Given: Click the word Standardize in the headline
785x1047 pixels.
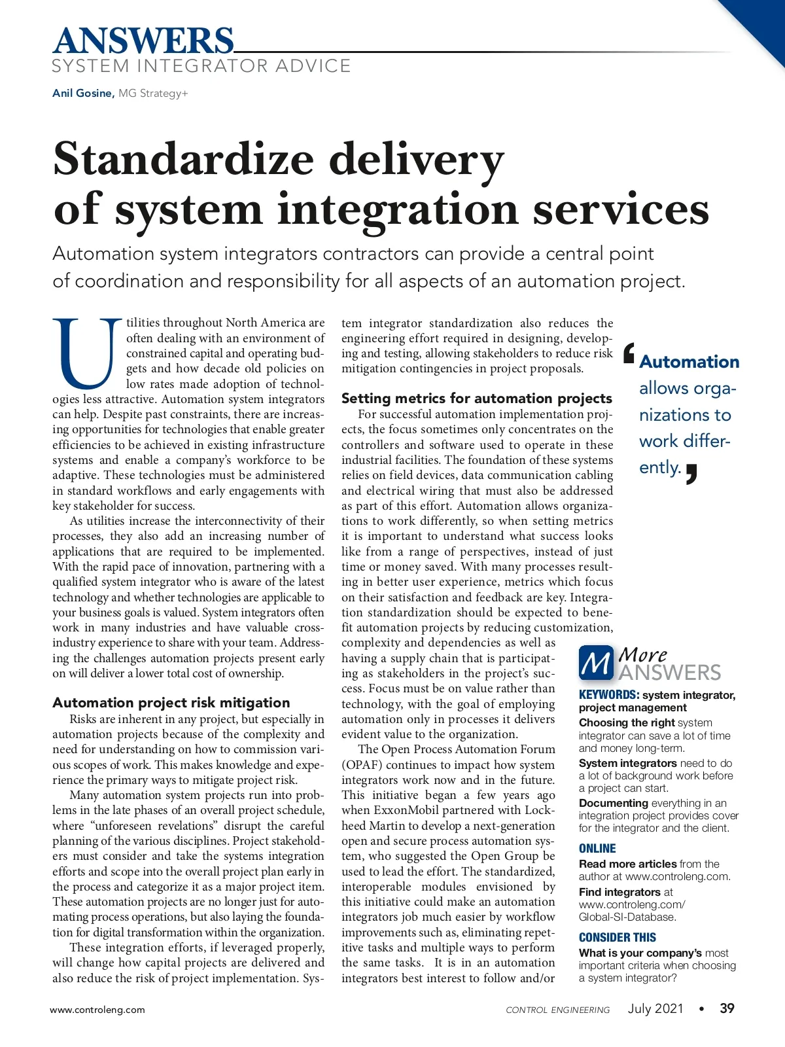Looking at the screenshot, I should [x=183, y=159].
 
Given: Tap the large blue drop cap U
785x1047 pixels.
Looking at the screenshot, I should [x=87, y=353].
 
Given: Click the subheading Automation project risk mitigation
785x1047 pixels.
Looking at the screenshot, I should [x=171, y=703].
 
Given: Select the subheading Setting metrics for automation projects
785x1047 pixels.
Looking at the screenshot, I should [x=476, y=399].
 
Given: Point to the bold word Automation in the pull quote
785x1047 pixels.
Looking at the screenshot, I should [x=689, y=362].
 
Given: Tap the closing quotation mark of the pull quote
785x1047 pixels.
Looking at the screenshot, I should [x=691, y=473].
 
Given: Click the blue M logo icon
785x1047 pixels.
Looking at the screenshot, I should [x=596, y=663].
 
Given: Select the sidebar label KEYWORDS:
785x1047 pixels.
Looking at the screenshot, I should [x=608, y=695].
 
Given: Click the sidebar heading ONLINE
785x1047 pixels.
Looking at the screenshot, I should [x=597, y=849].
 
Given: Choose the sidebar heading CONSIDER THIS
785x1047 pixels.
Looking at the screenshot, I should [x=617, y=938].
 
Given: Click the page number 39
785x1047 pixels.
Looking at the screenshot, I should [x=727, y=1008].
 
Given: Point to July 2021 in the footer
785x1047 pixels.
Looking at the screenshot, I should [x=655, y=1008].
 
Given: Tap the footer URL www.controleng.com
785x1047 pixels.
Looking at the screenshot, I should [x=97, y=1010].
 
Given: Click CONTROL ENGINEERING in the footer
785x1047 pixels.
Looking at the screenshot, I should [x=557, y=1010].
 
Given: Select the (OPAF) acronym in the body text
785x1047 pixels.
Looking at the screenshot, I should [x=358, y=765].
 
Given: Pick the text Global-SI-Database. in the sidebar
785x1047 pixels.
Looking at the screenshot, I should [x=627, y=917].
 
